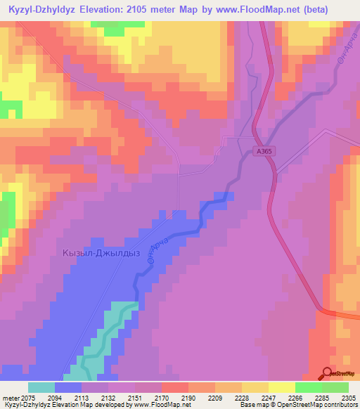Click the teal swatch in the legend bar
point(41,387)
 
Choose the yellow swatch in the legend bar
point(282,387)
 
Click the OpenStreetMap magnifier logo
point(326,375)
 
